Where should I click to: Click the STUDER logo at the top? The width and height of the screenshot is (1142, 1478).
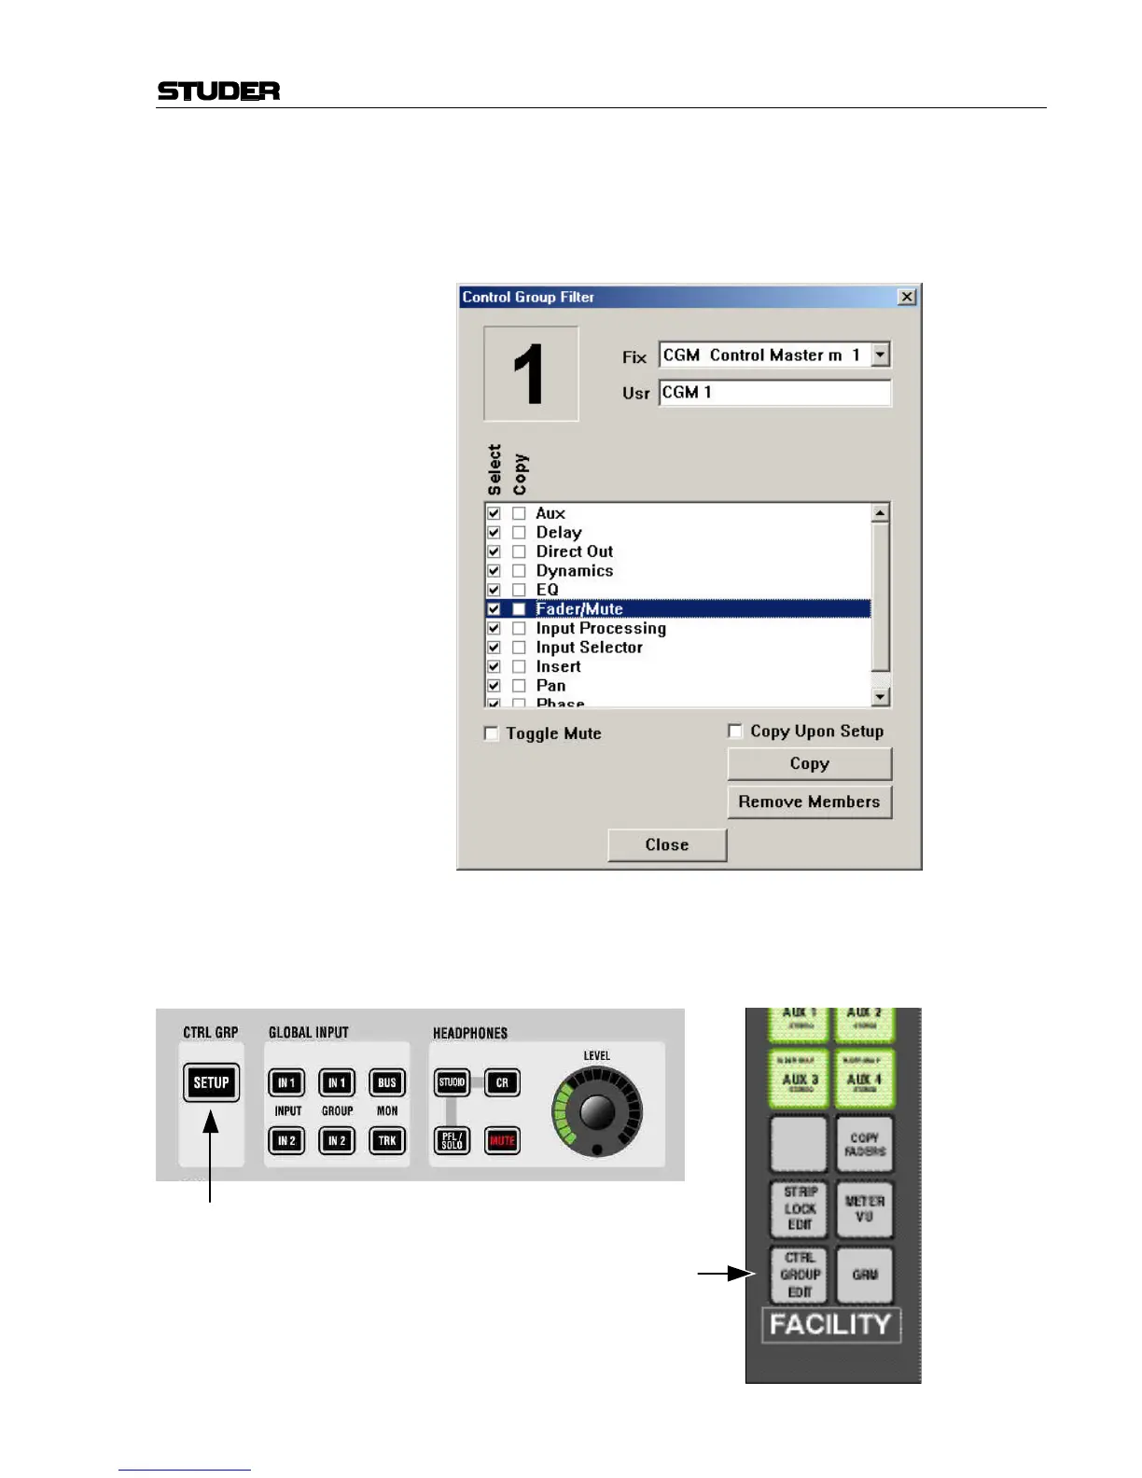click(x=218, y=91)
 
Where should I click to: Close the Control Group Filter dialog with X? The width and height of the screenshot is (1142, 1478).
click(x=906, y=297)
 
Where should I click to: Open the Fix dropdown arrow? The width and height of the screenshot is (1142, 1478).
click(x=880, y=356)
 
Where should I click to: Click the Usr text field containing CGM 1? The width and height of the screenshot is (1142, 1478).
click(x=774, y=393)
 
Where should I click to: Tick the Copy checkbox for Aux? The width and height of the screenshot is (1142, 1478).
click(x=519, y=513)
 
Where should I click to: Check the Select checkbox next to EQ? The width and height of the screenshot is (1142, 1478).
click(x=494, y=590)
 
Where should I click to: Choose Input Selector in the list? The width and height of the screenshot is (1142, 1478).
click(x=589, y=648)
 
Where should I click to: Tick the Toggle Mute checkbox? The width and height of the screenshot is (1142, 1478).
click(x=492, y=733)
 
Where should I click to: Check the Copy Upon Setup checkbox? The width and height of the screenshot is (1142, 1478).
click(x=735, y=731)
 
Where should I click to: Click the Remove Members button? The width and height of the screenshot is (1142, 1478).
click(x=809, y=802)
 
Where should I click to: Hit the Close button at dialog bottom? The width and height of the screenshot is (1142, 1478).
click(x=666, y=844)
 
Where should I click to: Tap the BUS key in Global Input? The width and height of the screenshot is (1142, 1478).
click(x=387, y=1082)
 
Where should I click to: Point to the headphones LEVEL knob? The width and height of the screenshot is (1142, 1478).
click(x=597, y=1111)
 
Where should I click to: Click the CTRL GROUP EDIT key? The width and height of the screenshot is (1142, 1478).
click(x=800, y=1275)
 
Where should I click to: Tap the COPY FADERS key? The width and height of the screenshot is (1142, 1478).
click(x=865, y=1145)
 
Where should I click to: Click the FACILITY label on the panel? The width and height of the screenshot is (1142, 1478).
click(x=830, y=1325)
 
